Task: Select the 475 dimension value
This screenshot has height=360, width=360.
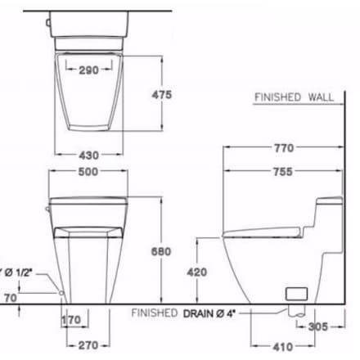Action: pyautogui.click(x=162, y=95)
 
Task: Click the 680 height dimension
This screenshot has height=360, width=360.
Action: pyautogui.click(x=162, y=251)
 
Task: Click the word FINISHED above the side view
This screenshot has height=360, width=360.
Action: pyautogui.click(x=278, y=97)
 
